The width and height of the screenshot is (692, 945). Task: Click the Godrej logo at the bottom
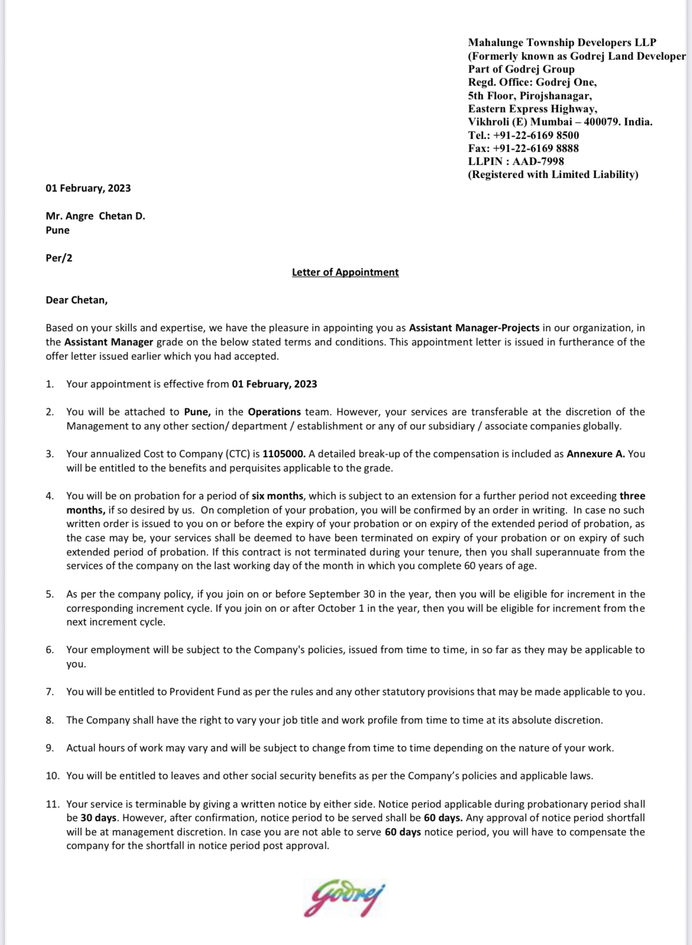click(345, 899)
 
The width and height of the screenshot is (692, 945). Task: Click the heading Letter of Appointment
click(345, 272)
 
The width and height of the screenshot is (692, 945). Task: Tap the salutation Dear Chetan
click(76, 300)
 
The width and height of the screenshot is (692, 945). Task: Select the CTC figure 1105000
click(284, 454)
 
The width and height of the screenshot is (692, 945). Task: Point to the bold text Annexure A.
click(596, 454)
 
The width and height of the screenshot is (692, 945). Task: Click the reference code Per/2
click(59, 258)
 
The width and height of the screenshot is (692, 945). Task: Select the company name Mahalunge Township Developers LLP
click(562, 43)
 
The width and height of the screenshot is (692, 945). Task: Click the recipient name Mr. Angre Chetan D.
click(95, 216)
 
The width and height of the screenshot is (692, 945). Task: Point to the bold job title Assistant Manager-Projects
click(474, 328)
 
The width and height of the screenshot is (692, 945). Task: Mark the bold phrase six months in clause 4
click(277, 496)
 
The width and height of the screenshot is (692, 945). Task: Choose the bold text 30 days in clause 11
click(99, 818)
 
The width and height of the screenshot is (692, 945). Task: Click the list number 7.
click(50, 692)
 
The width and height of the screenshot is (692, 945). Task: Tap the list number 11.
click(52, 804)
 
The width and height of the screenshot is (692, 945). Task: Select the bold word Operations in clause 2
click(274, 412)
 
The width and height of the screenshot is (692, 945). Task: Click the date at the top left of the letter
click(88, 188)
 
